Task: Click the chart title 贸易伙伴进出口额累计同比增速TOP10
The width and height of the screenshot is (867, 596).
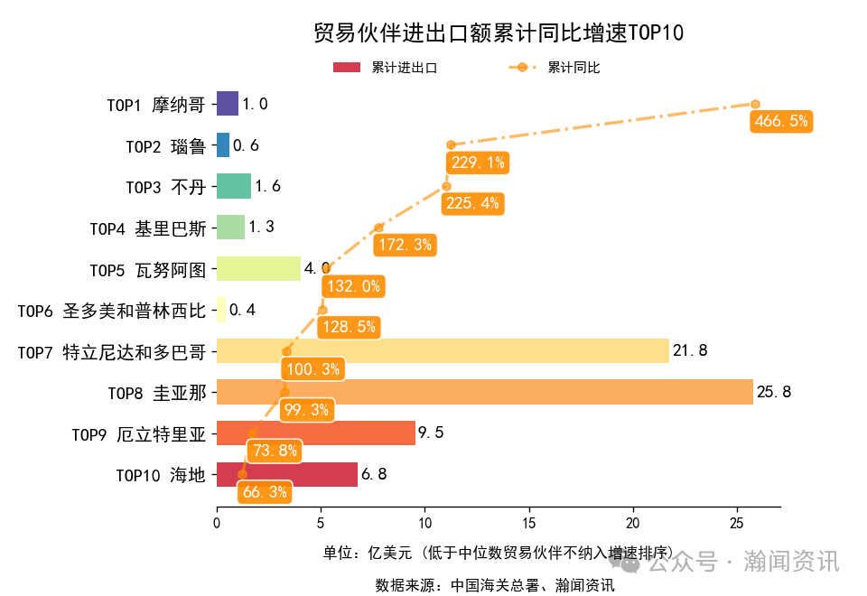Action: pos(498,33)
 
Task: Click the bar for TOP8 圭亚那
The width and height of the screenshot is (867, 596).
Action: pos(484,392)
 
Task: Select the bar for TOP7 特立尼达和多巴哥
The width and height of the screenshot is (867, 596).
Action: pos(443,350)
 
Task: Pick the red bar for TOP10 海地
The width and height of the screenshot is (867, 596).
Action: pos(287,474)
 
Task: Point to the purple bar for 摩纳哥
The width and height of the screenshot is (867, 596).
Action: pos(228,104)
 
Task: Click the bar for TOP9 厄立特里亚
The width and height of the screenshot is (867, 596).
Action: pos(316,433)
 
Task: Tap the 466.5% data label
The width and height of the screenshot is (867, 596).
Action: pos(780,121)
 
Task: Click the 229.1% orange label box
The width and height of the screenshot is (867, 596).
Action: pos(477,163)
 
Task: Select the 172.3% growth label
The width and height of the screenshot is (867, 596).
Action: pos(405,244)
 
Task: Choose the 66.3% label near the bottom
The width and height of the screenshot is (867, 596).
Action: pos(265,492)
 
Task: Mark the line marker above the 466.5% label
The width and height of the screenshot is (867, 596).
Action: pos(755,104)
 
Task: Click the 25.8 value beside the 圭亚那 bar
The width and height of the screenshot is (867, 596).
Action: pos(774,392)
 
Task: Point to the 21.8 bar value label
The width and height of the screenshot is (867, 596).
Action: pos(690,350)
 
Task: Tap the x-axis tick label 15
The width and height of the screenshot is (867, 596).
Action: pos(529,522)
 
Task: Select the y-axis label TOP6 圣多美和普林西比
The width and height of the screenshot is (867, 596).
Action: pos(112,311)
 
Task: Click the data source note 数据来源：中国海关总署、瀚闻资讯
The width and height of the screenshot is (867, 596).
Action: pos(494,584)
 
